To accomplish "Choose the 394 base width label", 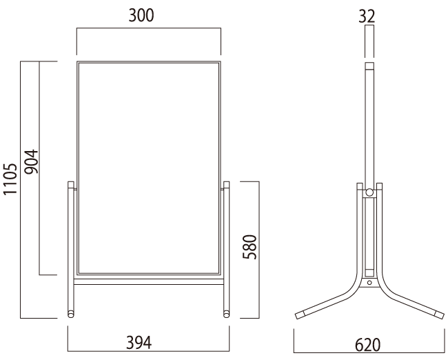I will coord(148,342).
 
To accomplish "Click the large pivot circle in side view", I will coord(369,192).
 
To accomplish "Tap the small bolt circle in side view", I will coord(369,282).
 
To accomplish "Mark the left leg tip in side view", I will coord(301,314).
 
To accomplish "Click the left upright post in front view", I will coord(70,248).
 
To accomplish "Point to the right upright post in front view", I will coord(226,248).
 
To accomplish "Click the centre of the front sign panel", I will coord(148,168).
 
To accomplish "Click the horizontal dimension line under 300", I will coord(148,28).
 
